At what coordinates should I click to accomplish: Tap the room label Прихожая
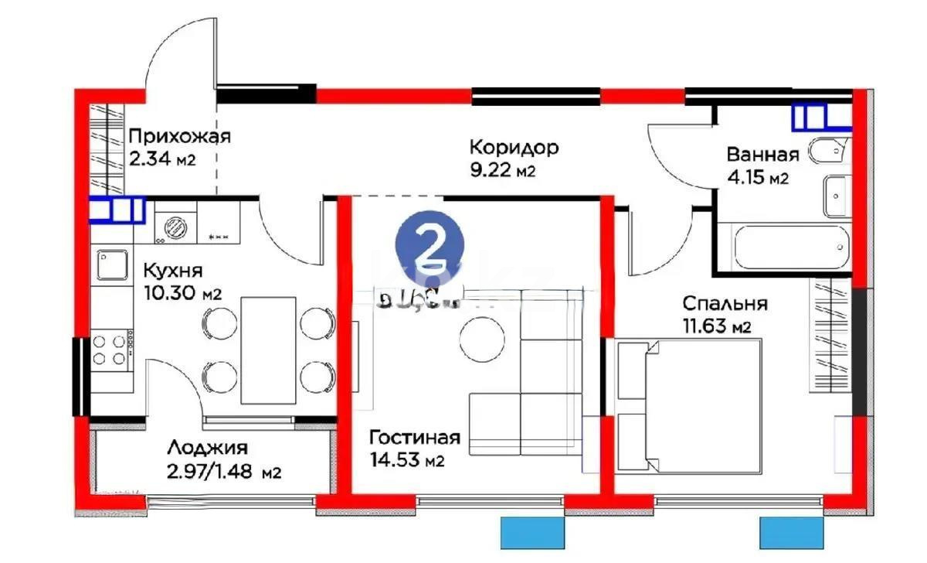coord(179,138)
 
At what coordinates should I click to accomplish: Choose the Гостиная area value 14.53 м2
coord(406,461)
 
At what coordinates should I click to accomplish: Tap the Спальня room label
coord(724,304)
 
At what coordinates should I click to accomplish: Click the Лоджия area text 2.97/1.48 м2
coord(223,470)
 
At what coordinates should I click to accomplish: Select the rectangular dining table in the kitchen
coord(268,349)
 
